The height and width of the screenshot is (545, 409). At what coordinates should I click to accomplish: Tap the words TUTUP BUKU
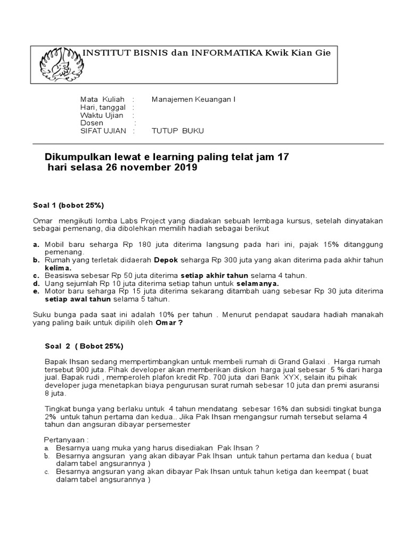pos(178,130)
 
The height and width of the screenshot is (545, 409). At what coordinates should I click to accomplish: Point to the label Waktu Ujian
pos(102,115)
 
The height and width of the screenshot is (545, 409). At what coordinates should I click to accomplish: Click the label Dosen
pos(92,123)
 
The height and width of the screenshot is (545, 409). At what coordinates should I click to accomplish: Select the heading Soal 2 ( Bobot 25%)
pos(84,346)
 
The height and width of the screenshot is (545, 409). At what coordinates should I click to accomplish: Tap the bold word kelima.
pos(58,268)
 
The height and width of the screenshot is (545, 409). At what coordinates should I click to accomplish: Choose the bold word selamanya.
pos(254,283)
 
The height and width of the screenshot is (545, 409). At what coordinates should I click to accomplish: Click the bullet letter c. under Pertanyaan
pos(47,472)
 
